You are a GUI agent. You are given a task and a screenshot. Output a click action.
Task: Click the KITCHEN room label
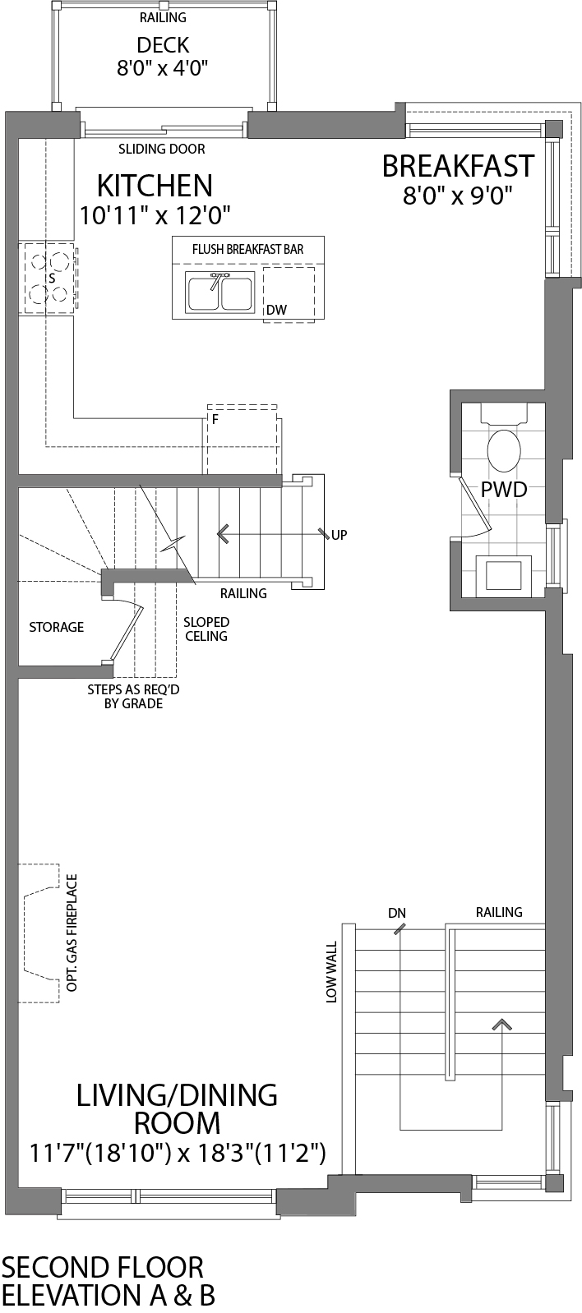[155, 185]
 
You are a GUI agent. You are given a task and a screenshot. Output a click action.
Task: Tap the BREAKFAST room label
[458, 166]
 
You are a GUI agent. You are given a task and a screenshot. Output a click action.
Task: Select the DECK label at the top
[163, 44]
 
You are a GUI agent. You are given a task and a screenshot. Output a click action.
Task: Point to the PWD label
[503, 490]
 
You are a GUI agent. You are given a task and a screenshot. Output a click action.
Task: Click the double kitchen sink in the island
[219, 293]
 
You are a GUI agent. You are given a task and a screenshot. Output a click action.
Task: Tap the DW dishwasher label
[276, 311]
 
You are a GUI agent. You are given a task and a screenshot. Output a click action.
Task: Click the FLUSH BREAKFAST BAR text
[247, 249]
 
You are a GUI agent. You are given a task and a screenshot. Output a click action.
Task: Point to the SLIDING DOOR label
[162, 149]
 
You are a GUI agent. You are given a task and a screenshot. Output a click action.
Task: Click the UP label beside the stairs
[339, 535]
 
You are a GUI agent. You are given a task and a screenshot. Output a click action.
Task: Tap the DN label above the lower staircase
[397, 913]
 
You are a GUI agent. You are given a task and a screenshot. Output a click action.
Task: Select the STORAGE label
[57, 627]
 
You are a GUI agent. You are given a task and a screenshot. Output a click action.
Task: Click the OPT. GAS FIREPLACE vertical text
[72, 933]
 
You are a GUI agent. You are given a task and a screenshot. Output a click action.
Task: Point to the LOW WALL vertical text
[332, 972]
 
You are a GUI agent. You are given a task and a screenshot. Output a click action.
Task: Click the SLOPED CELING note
[206, 629]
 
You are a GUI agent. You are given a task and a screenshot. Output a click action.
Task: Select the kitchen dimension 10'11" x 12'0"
[155, 215]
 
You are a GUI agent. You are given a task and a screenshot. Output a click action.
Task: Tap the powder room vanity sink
[503, 575]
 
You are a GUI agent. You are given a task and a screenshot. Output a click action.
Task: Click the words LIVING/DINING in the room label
[177, 1094]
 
